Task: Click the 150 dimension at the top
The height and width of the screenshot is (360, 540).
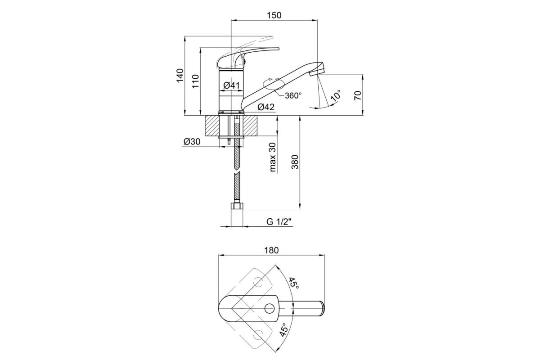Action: (274, 15)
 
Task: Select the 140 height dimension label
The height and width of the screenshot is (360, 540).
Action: (180, 76)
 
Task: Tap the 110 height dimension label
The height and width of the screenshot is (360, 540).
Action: (196, 81)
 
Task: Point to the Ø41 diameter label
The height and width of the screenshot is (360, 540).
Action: (231, 85)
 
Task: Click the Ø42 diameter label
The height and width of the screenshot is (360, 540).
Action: (266, 107)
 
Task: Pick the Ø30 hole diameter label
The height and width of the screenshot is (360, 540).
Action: (192, 142)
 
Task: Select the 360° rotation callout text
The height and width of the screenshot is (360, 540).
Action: (293, 95)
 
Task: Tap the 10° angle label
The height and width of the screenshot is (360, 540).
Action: (336, 95)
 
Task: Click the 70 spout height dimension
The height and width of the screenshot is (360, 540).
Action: (358, 95)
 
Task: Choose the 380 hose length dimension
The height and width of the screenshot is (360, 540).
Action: (295, 162)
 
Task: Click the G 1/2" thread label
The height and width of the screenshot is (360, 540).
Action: (279, 221)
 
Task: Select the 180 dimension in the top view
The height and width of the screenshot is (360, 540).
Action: (271, 250)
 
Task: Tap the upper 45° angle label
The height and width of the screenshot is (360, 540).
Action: (294, 283)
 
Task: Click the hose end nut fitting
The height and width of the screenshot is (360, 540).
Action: (237, 206)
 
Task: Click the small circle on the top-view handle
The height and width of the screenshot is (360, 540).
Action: (270, 308)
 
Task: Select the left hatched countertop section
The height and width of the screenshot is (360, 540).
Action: (212, 126)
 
